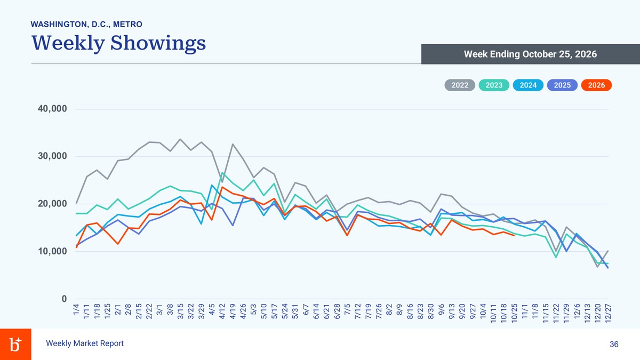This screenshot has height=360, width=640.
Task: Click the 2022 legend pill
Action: click(x=460, y=85)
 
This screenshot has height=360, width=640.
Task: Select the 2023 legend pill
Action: click(x=494, y=85)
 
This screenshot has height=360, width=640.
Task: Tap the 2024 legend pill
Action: click(x=528, y=85)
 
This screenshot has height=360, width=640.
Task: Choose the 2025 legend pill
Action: click(x=562, y=85)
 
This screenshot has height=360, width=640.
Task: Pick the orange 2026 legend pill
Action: click(x=597, y=85)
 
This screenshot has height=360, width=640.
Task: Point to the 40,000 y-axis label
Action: click(x=52, y=109)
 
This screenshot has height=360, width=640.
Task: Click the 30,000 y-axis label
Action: click(x=52, y=156)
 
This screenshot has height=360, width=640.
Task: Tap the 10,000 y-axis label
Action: click(x=52, y=251)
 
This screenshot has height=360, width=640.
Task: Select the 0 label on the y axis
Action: click(x=64, y=299)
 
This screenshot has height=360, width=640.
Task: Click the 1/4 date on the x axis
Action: click(x=76, y=309)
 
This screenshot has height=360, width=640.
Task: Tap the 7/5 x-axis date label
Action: click(x=347, y=309)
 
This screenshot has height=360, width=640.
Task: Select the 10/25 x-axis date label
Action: click(x=514, y=314)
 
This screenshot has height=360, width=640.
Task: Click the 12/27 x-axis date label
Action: click(x=608, y=314)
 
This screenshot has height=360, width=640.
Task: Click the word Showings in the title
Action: click(x=158, y=43)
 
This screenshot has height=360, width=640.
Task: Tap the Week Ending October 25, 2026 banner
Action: click(x=531, y=54)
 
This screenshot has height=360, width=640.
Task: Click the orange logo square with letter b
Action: click(x=15, y=345)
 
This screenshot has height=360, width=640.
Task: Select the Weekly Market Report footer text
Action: click(x=85, y=343)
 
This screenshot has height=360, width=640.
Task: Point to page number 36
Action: click(x=614, y=345)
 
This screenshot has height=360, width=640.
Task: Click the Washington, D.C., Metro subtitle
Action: click(x=86, y=25)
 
